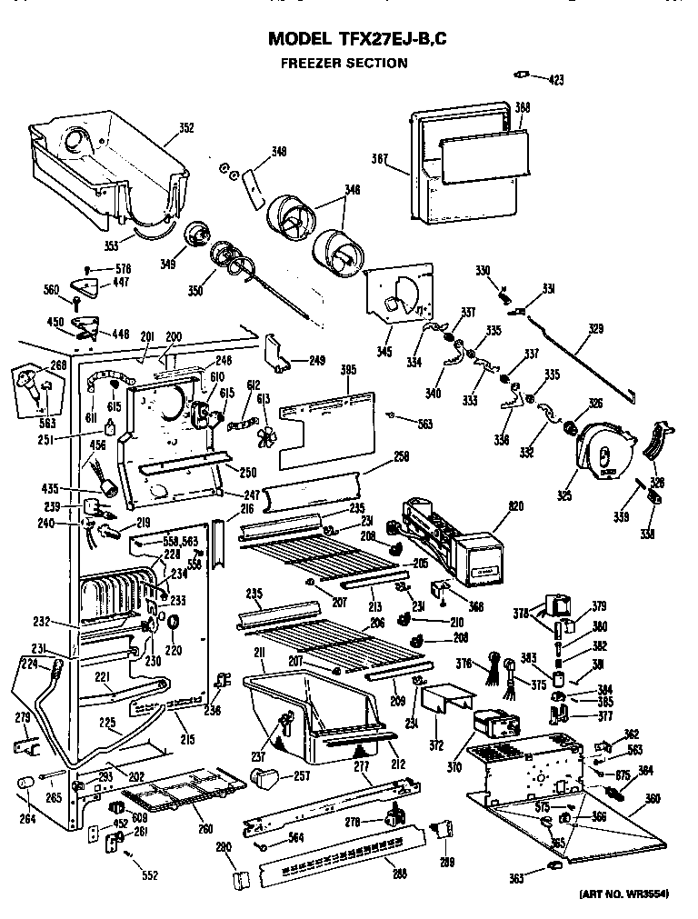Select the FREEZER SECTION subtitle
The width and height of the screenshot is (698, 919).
(343, 64)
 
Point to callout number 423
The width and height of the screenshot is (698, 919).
(555, 80)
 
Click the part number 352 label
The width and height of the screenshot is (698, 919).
(185, 128)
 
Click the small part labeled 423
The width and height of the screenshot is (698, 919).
(522, 75)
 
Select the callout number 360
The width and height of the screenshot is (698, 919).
(652, 799)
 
